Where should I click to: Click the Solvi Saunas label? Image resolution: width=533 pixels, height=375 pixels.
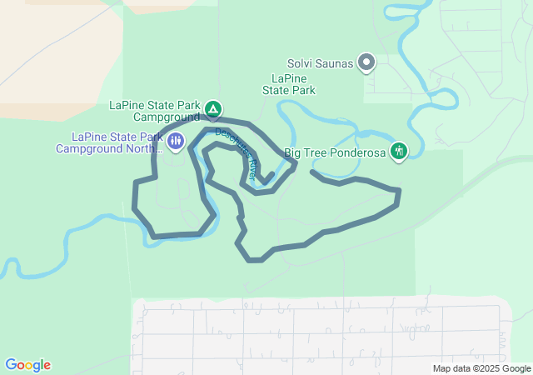coord(320,62)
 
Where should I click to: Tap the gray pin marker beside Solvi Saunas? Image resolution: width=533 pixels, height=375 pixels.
coord(366,61)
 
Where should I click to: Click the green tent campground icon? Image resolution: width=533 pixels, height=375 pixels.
coord(213,108)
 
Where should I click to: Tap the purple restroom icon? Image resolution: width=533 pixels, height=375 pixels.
coord(175,140)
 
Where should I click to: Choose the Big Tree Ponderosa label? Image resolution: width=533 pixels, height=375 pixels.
coord(336,152)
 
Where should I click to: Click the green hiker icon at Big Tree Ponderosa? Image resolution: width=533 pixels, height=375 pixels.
coord(399,151)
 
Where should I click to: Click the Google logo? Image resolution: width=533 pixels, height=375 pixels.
coord(27,365)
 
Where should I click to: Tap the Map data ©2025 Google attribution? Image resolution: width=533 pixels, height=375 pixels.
coord(481,368)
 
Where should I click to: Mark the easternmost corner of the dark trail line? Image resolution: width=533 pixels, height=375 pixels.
coord(401,191)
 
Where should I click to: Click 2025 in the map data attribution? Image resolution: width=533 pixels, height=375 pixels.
coord(490,368)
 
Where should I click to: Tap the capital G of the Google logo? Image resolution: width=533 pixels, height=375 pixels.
coord(12,364)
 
